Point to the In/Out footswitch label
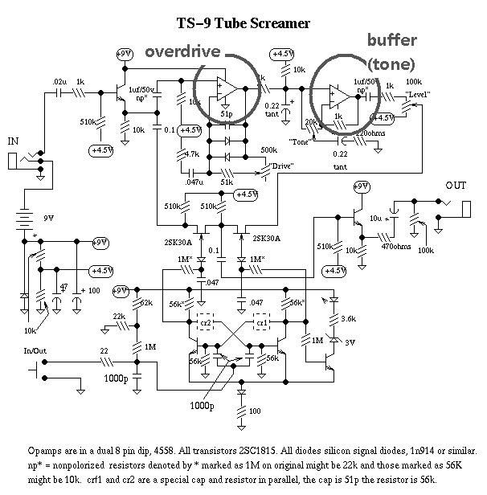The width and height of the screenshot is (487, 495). pos(36,350)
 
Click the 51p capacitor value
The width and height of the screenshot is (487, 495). pos(228,116)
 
